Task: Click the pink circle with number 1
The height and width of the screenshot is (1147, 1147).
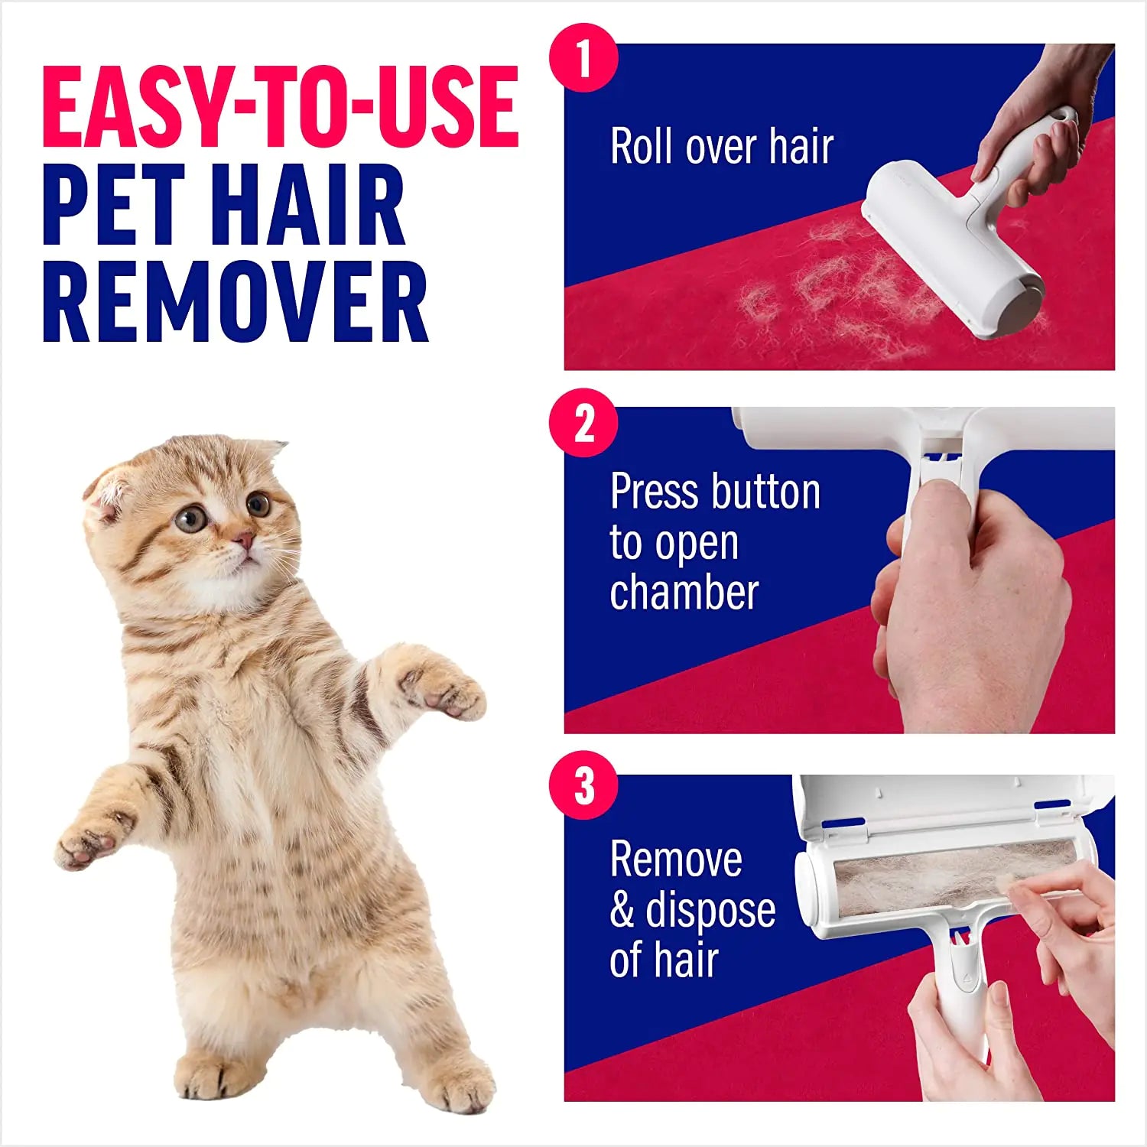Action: tap(583, 58)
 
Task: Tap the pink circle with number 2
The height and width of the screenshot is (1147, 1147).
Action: tap(583, 423)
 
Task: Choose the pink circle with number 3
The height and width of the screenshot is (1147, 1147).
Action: tap(583, 785)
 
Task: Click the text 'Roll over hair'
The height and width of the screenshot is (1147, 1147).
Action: tap(721, 146)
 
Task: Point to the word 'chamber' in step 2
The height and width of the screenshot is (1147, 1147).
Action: tap(684, 593)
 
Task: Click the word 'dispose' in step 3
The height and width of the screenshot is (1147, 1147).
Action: tap(710, 910)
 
